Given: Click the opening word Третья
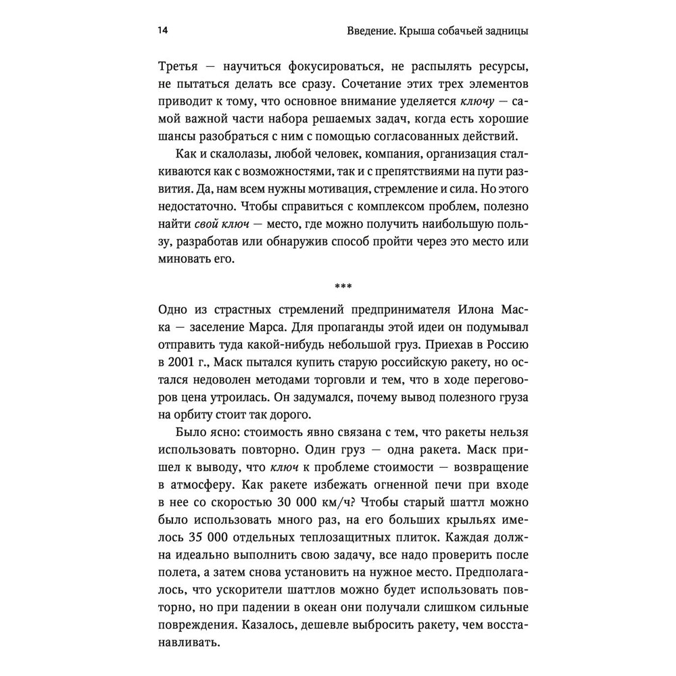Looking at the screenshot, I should [178, 68].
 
